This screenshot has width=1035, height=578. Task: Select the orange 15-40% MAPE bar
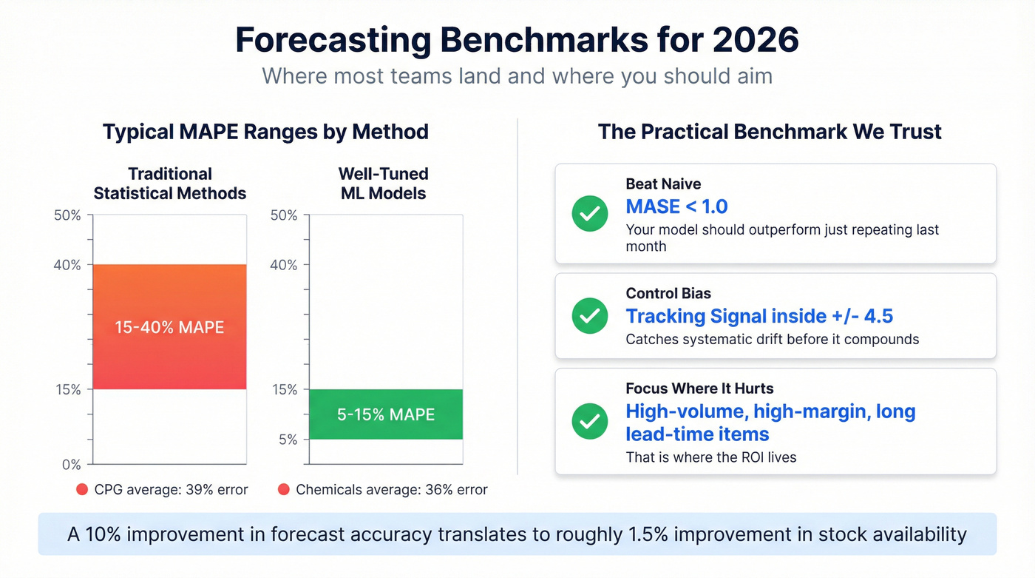pyautogui.click(x=169, y=326)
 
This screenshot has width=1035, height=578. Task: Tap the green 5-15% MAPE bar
pyautogui.click(x=386, y=414)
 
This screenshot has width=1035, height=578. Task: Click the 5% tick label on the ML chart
pyautogui.click(x=287, y=440)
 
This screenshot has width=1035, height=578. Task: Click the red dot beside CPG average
pyautogui.click(x=82, y=489)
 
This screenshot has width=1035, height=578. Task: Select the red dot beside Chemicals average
pyautogui.click(x=283, y=489)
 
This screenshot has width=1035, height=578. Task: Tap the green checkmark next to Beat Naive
pyautogui.click(x=590, y=214)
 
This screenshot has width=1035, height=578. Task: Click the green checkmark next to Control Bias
pyautogui.click(x=590, y=316)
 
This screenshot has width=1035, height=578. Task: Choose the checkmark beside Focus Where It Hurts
pyautogui.click(x=590, y=421)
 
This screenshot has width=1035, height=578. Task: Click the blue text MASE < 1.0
pyautogui.click(x=676, y=206)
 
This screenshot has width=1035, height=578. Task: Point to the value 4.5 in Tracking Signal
pyautogui.click(x=878, y=317)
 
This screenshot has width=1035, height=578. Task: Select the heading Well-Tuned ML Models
pyautogui.click(x=383, y=184)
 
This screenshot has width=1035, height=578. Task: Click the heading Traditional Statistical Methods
pyautogui.click(x=170, y=184)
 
